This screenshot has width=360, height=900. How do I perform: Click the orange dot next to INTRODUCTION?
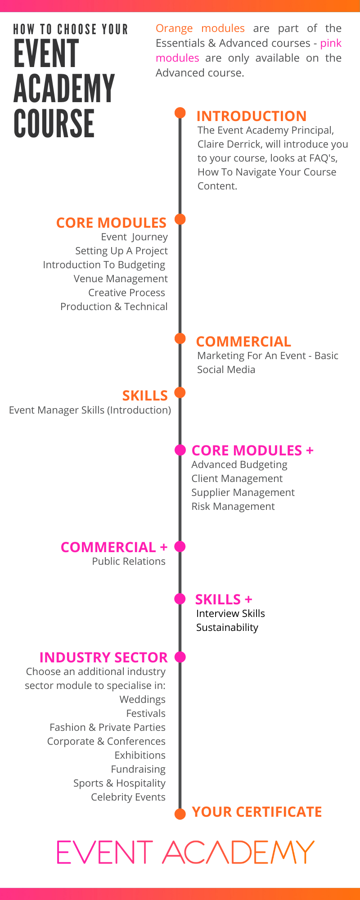click(180, 112)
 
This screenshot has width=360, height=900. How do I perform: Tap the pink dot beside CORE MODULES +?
click(180, 450)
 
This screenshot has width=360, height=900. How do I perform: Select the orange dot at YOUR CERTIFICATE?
click(180, 814)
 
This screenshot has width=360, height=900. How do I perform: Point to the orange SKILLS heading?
click(145, 396)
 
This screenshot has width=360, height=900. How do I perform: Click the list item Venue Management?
click(121, 279)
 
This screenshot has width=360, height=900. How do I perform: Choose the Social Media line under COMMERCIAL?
click(226, 369)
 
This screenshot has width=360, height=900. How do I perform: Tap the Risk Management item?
click(233, 506)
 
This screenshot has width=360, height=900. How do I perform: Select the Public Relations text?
click(129, 561)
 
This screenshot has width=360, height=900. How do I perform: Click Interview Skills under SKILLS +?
click(230, 613)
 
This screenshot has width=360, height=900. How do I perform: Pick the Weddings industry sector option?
click(142, 699)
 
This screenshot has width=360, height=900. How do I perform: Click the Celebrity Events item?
click(128, 797)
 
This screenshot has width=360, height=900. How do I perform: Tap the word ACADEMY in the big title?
click(64, 89)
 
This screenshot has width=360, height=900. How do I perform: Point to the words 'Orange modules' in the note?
click(200, 28)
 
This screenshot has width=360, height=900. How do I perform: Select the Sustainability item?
click(227, 627)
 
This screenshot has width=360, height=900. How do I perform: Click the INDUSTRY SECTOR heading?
click(103, 657)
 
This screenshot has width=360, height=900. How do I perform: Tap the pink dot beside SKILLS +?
click(180, 598)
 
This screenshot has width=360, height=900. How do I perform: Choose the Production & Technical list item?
click(114, 307)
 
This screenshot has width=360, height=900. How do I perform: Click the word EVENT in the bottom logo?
click(104, 852)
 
